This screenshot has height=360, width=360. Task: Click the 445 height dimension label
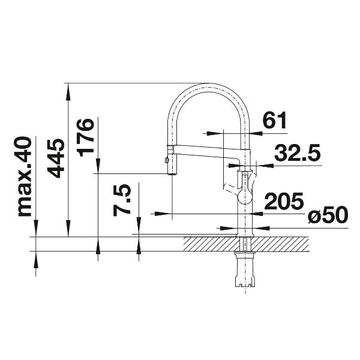(x=55, y=158)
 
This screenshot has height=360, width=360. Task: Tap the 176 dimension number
(x=86, y=138)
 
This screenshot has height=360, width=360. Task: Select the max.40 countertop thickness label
(x=25, y=176)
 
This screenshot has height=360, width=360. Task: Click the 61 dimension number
(x=275, y=120)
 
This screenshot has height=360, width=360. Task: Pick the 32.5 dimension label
(x=297, y=152)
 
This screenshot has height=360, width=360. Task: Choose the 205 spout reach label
(x=284, y=200)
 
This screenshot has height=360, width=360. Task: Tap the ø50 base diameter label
(x=328, y=215)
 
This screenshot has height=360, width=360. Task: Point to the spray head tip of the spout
(x=172, y=174)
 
